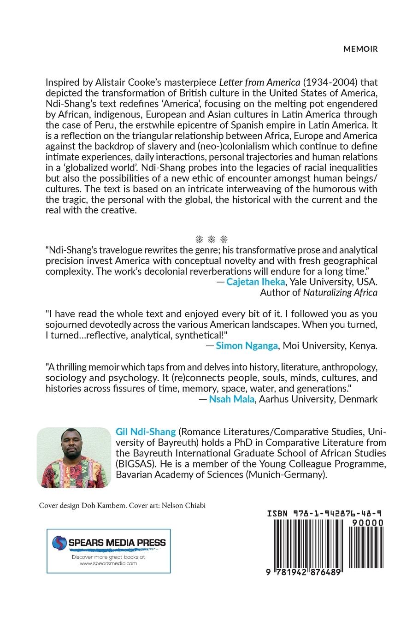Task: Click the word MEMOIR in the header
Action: [360, 49]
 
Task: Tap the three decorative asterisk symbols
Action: [212, 239]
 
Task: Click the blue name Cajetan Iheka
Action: [254, 281]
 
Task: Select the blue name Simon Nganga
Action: [247, 345]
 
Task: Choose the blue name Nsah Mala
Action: [231, 399]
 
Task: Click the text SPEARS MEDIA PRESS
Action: [117, 543]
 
